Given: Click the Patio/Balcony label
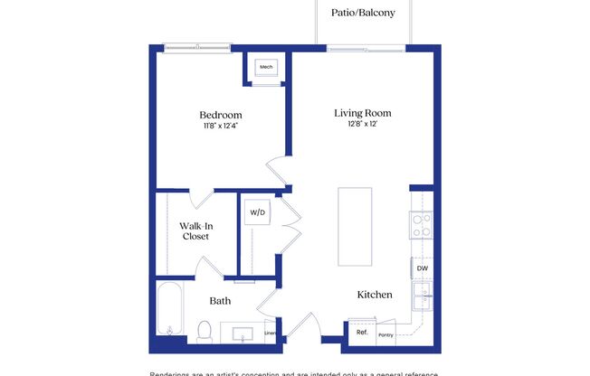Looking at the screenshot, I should click(x=362, y=14).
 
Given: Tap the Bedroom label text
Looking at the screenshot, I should click(x=221, y=115).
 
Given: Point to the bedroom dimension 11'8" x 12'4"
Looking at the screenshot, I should click(x=221, y=127).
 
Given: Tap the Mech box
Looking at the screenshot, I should click(x=266, y=68).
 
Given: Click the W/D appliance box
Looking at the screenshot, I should click(x=257, y=213).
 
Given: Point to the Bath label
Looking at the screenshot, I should click(x=221, y=301).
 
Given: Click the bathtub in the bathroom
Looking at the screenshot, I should click(x=170, y=314).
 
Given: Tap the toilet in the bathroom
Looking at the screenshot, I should click(x=205, y=331).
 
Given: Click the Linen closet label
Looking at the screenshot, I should click(x=270, y=334).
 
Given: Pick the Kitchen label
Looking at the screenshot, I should click(x=374, y=295).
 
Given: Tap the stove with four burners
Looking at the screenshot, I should click(x=421, y=225).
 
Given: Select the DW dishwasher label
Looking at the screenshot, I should click(x=422, y=268).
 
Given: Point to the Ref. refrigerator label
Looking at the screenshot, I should click(x=362, y=333).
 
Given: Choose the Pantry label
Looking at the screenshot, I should click(x=386, y=334).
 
